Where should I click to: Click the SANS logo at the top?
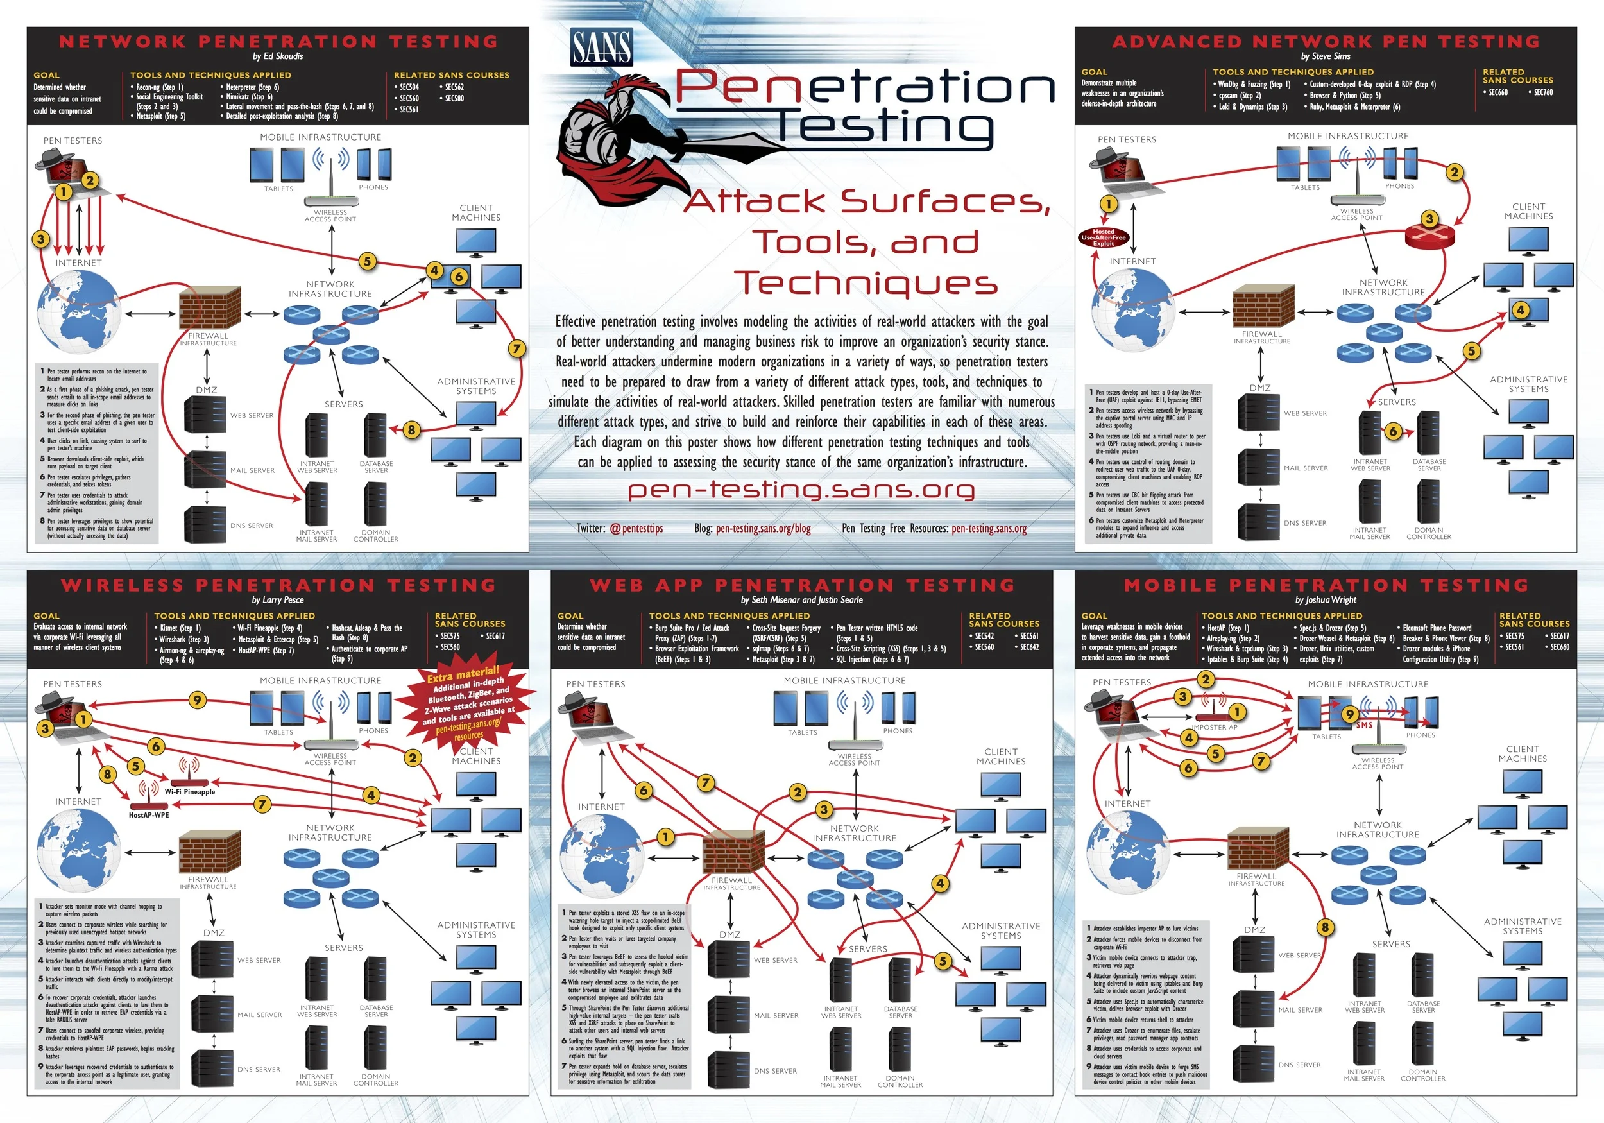tap(601, 47)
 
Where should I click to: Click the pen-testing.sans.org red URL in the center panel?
tap(801, 490)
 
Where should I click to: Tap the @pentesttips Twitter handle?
tap(636, 528)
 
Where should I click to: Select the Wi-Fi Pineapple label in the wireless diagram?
tap(190, 792)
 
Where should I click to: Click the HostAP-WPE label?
tap(149, 815)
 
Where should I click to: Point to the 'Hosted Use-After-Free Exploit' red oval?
tap(1103, 237)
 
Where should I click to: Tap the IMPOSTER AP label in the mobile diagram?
tap(1214, 728)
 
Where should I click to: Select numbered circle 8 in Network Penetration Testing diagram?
tap(411, 430)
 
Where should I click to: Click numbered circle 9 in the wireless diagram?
tap(198, 699)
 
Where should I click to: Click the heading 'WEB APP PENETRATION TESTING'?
tap(801, 585)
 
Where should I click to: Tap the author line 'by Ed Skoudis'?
tap(277, 56)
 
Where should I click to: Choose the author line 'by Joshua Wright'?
tap(1326, 599)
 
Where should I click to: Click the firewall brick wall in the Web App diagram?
tap(728, 851)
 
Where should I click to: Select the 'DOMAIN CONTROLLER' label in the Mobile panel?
tap(1422, 1075)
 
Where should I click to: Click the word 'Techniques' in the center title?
tap(866, 283)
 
